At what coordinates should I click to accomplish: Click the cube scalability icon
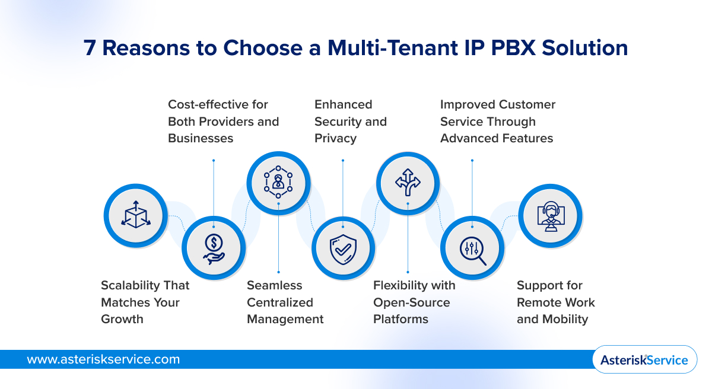[x=135, y=214]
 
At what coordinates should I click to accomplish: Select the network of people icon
[x=278, y=181]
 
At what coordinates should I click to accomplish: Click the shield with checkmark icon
[x=343, y=247]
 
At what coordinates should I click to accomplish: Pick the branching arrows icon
[x=408, y=181]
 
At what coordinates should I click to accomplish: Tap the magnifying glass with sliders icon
[x=472, y=247]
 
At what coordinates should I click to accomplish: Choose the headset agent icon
[x=551, y=214]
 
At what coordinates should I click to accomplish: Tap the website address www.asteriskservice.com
[x=103, y=359]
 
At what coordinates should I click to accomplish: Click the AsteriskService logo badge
[x=644, y=359]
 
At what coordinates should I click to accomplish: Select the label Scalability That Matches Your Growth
[x=145, y=302]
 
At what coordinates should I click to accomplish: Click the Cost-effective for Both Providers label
[x=223, y=122]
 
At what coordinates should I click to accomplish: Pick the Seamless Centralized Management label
[x=285, y=302]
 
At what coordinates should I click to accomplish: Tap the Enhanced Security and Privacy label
[x=350, y=122]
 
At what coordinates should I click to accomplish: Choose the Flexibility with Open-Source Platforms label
[x=414, y=302]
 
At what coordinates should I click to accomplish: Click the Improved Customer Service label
[x=497, y=122]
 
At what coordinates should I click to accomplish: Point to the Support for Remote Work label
[x=555, y=302]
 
